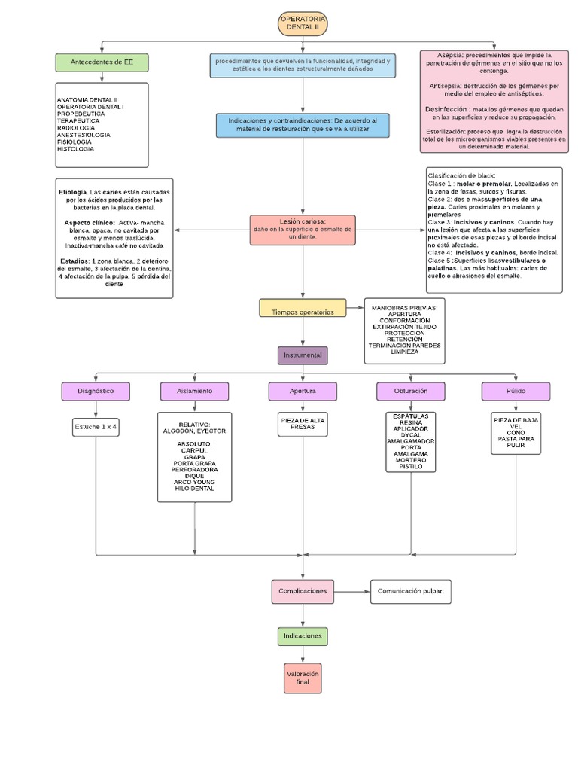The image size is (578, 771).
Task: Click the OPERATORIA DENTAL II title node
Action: pos(303,23)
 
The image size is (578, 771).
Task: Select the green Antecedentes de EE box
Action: pos(102,62)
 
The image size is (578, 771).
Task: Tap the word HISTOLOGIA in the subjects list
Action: pos(74,148)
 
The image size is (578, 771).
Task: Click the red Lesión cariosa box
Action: pos(303,230)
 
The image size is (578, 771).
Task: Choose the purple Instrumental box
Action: pos(303,355)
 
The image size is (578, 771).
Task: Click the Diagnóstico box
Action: pos(96,392)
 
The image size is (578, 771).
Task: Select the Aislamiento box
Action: pos(194,392)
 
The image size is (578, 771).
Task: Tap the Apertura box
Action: pos(303,392)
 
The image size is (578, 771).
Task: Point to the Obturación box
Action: pos(411,392)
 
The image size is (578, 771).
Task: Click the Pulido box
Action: pos(516,392)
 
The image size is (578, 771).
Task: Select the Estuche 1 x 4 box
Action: pos(96,427)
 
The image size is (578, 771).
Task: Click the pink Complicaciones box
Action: pos(303,591)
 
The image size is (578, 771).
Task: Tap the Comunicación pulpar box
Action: pos(410,591)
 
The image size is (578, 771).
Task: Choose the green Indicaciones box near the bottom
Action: pos(303,636)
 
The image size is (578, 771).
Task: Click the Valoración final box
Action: pos(303,677)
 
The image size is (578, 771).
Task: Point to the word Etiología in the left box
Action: pos(73,193)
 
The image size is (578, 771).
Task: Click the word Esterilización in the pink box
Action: pos(443,131)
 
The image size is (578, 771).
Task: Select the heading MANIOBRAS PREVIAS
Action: pos(404,308)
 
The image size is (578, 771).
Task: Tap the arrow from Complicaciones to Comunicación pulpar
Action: pos(351,591)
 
